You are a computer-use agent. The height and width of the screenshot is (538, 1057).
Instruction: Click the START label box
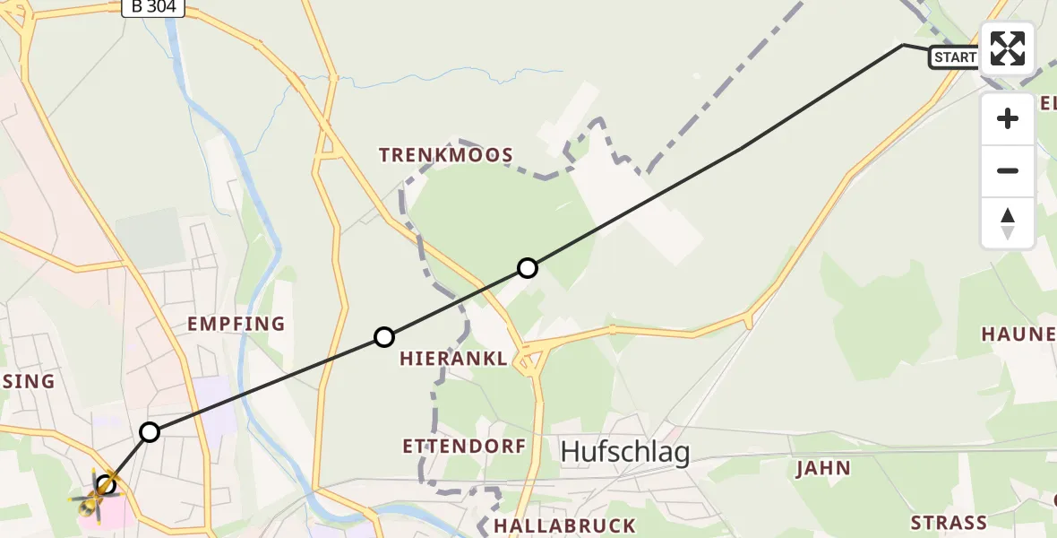[955, 57]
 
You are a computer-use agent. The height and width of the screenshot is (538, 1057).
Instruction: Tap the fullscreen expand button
[1008, 48]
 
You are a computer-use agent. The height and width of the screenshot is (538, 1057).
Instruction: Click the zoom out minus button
[1008, 170]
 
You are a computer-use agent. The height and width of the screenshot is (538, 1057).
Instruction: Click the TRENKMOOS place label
[446, 155]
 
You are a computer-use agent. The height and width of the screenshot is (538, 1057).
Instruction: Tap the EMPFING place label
[236, 324]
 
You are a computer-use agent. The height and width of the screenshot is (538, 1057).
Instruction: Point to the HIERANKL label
[453, 359]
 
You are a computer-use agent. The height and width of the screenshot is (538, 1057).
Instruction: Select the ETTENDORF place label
[463, 446]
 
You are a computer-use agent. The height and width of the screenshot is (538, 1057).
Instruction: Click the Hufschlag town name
[625, 453]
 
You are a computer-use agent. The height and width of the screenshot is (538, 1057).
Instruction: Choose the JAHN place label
[822, 468]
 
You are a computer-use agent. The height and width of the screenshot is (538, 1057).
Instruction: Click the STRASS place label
[948, 522]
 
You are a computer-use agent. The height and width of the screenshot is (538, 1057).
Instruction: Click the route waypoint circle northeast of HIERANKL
[528, 268]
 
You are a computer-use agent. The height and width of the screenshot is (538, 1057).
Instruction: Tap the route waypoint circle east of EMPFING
[384, 337]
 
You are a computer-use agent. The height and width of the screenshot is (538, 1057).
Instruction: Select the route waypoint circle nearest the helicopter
[150, 432]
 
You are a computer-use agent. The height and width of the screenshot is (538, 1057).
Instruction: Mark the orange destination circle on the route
[107, 485]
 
